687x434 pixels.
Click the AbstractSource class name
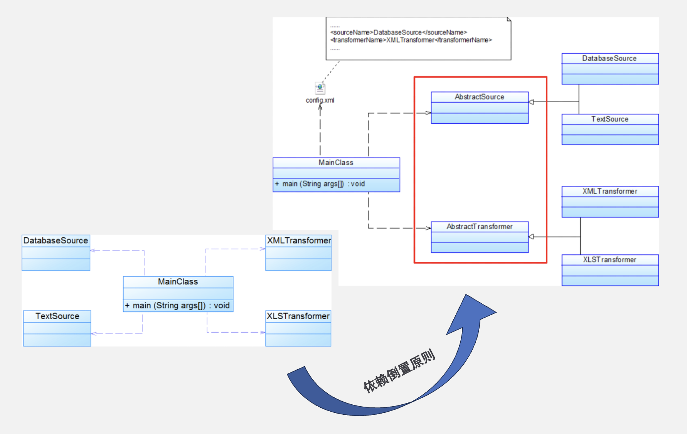tap(479, 97)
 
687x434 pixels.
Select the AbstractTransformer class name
tap(479, 227)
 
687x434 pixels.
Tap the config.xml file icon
tap(320, 88)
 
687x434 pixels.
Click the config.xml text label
tap(320, 100)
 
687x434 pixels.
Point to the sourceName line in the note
tap(398, 32)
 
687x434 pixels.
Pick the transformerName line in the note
tap(411, 40)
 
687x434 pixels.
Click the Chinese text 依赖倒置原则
tap(399, 370)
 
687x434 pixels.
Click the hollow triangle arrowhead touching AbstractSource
tap(531, 102)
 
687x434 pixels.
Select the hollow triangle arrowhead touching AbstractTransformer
tap(531, 237)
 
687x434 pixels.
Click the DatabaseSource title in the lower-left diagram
tap(56, 241)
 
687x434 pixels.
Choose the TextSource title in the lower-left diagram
tap(57, 316)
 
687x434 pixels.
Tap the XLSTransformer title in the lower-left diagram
tap(298, 316)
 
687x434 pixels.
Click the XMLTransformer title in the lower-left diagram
tap(299, 241)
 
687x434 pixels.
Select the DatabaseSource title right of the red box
tap(609, 58)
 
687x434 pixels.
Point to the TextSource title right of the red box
tap(610, 119)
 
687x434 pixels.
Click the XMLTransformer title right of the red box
tap(610, 191)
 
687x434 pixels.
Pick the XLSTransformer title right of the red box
tap(610, 260)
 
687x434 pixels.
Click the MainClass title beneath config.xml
tap(336, 163)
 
